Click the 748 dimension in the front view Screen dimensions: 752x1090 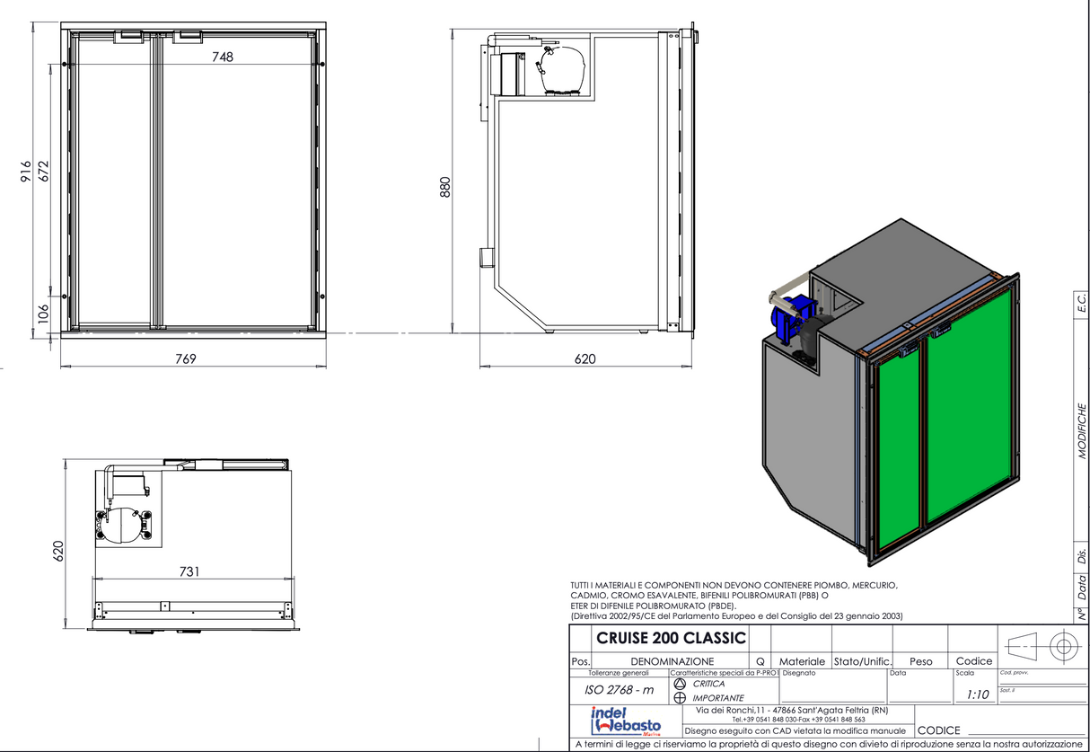click(223, 57)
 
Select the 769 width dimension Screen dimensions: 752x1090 click(185, 358)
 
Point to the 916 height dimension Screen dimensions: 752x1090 click(25, 171)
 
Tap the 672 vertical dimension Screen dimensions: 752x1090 click(42, 171)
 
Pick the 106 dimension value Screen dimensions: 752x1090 click(42, 314)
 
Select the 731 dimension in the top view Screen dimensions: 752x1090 click(189, 571)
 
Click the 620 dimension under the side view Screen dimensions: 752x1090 click(585, 358)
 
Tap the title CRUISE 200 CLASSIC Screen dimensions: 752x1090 click(671, 639)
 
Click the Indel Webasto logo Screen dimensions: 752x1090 click(625, 721)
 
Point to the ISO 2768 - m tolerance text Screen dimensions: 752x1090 click(620, 690)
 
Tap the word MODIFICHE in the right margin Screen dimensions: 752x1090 click(1082, 430)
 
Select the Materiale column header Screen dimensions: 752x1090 click(802, 661)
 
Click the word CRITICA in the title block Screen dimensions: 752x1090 click(708, 684)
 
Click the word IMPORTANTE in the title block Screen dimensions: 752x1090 click(717, 697)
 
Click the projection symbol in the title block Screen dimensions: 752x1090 click(1039, 646)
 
